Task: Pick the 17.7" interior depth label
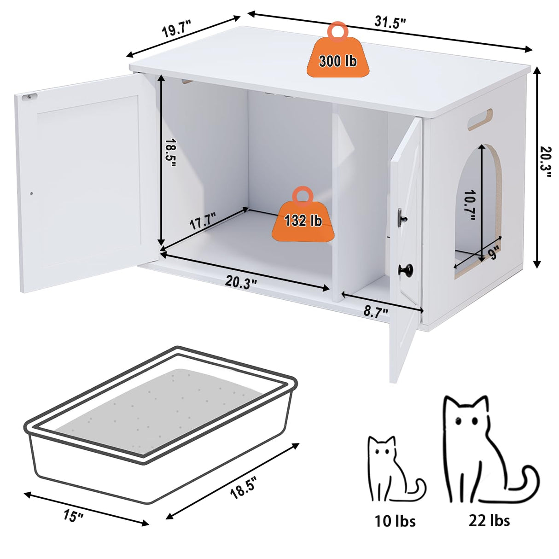click(x=203, y=222)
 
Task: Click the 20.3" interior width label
click(x=241, y=282)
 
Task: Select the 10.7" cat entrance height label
click(x=470, y=205)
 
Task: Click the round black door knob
click(x=407, y=268)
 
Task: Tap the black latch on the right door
click(x=402, y=216)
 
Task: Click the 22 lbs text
click(x=489, y=520)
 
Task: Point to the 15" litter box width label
click(x=74, y=515)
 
